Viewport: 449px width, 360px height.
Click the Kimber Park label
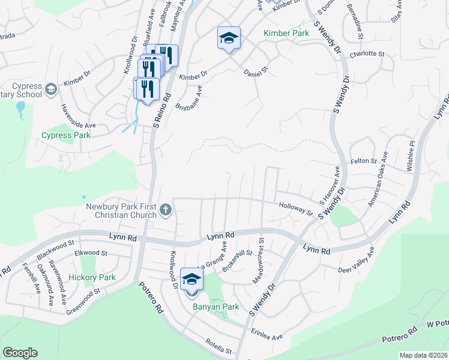pyautogui.click(x=286, y=33)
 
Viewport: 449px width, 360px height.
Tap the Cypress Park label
pyautogui.click(x=66, y=135)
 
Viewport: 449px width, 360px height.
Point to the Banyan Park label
pyautogui.click(x=215, y=307)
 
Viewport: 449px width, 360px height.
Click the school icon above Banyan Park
pyautogui.click(x=191, y=280)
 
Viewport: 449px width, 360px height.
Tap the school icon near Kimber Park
pyautogui.click(x=228, y=38)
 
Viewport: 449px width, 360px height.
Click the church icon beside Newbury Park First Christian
pyautogui.click(x=166, y=211)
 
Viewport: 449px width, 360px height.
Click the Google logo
pyautogui.click(x=20, y=353)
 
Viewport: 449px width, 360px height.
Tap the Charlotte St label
pyautogui.click(x=367, y=54)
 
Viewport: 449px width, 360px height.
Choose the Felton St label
pyautogui.click(x=364, y=161)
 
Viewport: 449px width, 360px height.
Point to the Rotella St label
pyautogui.click(x=218, y=348)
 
